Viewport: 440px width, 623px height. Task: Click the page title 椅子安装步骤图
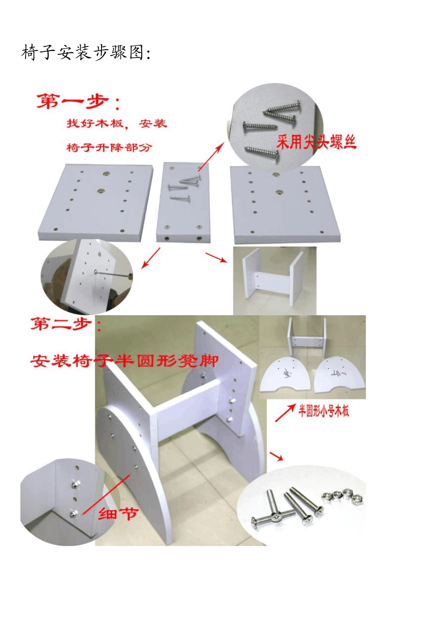coord(86,52)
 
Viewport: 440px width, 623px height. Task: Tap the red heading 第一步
coord(79,102)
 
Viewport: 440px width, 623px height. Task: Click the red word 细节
coord(118,514)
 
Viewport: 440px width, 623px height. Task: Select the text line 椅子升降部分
coord(109,148)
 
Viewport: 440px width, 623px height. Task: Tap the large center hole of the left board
coord(101,191)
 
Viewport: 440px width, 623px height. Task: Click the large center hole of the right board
coord(279,191)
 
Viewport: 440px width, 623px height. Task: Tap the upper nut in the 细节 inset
coord(74,485)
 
